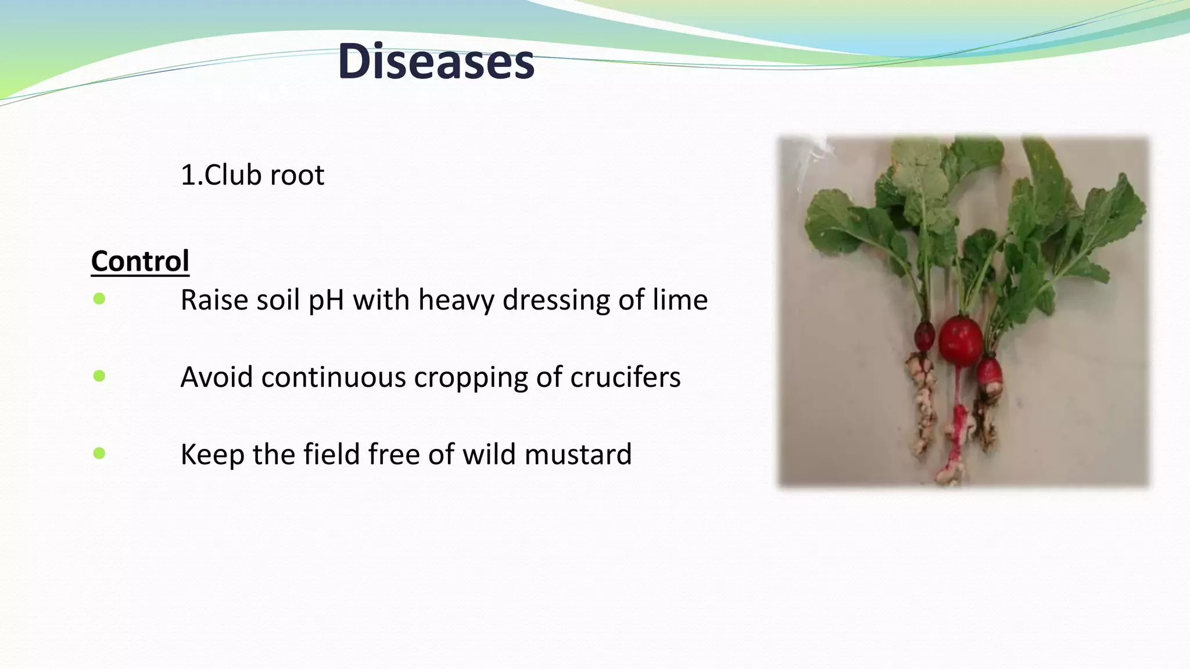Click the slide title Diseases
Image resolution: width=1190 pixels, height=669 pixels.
tap(436, 62)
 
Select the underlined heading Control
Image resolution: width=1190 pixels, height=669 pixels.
tap(140, 261)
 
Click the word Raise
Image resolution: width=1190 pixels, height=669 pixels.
tap(213, 300)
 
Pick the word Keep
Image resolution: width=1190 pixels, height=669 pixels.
tap(212, 454)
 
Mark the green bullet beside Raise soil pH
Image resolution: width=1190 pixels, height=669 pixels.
tap(99, 299)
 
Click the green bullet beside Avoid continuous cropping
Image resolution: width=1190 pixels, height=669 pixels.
tap(99, 376)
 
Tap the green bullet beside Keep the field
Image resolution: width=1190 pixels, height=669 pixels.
tap(99, 453)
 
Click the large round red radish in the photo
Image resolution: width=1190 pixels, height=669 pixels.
tap(960, 341)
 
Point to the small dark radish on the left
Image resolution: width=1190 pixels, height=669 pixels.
tap(924, 336)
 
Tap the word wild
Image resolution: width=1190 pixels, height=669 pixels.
tap(489, 454)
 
